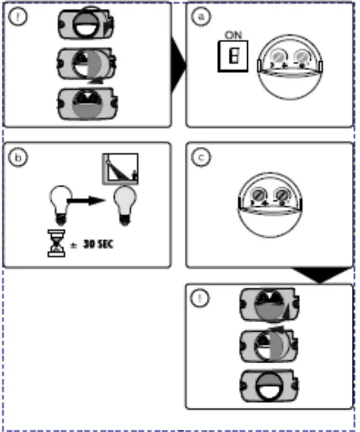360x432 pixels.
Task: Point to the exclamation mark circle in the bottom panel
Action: coord(201,299)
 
